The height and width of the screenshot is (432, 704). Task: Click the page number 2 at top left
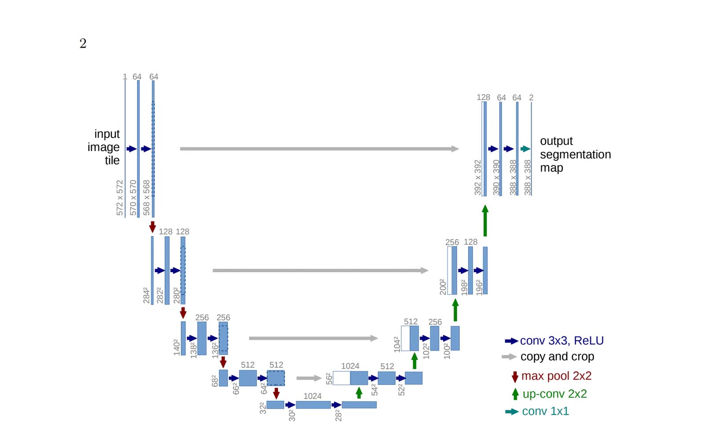(83, 44)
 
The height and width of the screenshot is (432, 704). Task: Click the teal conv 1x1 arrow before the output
(525, 149)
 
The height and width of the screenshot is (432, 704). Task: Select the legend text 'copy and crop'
(557, 357)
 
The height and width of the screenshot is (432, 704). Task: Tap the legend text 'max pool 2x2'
(556, 376)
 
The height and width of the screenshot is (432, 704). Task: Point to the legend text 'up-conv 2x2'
(555, 394)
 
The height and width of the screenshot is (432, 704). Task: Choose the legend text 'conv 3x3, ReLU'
(562, 340)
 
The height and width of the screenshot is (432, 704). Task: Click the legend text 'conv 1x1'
(545, 411)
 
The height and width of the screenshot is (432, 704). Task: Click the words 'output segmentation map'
(576, 154)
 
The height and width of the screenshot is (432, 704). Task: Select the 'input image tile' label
(104, 147)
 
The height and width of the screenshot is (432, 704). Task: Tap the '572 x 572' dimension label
(120, 198)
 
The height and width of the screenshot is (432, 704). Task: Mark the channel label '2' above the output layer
(531, 97)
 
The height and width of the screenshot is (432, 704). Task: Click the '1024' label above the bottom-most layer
(312, 396)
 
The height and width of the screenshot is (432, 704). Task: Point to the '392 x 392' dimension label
(478, 177)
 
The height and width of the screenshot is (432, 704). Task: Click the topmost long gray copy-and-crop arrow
(319, 149)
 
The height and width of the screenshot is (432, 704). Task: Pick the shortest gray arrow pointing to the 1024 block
(309, 378)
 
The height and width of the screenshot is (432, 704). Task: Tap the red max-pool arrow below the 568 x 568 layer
(152, 227)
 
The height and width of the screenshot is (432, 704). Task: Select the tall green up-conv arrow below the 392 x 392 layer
(485, 221)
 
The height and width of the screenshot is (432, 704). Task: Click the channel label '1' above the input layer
(125, 77)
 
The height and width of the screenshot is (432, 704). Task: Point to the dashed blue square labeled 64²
(276, 378)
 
